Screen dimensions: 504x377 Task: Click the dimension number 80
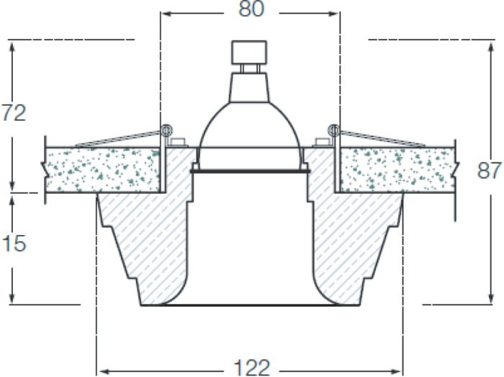pos(251,9)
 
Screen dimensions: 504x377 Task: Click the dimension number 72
pos(14,113)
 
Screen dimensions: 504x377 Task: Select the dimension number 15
pos(14,243)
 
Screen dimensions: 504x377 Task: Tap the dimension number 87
pos(489,171)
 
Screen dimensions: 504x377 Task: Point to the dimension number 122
pos(252,368)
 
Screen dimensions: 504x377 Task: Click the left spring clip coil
pos(166,130)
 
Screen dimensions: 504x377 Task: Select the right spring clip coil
pos(333,130)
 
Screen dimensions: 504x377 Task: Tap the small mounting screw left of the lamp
pos(178,143)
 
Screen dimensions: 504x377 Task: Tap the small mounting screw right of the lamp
pos(322,143)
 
